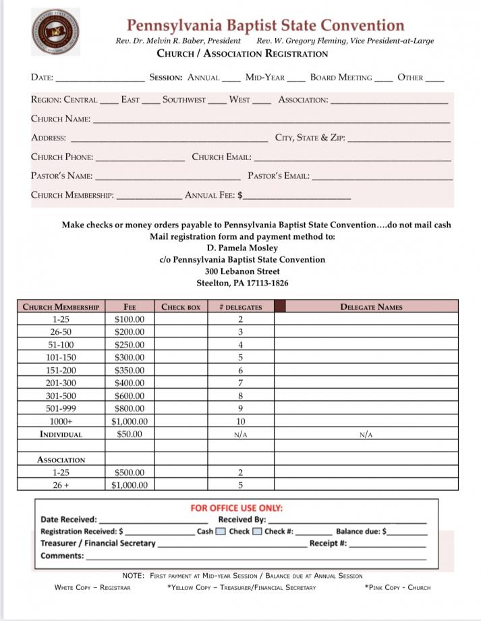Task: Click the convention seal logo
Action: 55,32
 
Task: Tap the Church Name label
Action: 61,119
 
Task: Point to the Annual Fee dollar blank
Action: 298,196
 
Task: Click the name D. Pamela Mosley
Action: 242,248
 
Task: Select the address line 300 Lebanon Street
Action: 242,271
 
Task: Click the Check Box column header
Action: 181,307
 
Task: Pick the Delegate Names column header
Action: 371,307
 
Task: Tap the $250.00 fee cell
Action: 130,345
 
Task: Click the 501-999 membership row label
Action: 61,408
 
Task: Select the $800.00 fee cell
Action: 130,408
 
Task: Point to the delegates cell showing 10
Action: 240,421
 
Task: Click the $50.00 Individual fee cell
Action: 130,434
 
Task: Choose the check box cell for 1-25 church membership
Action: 181,319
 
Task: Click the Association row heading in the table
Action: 61,460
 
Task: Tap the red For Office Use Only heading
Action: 236,508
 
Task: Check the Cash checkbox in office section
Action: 221,531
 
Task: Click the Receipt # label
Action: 328,543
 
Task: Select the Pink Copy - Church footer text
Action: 397,587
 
